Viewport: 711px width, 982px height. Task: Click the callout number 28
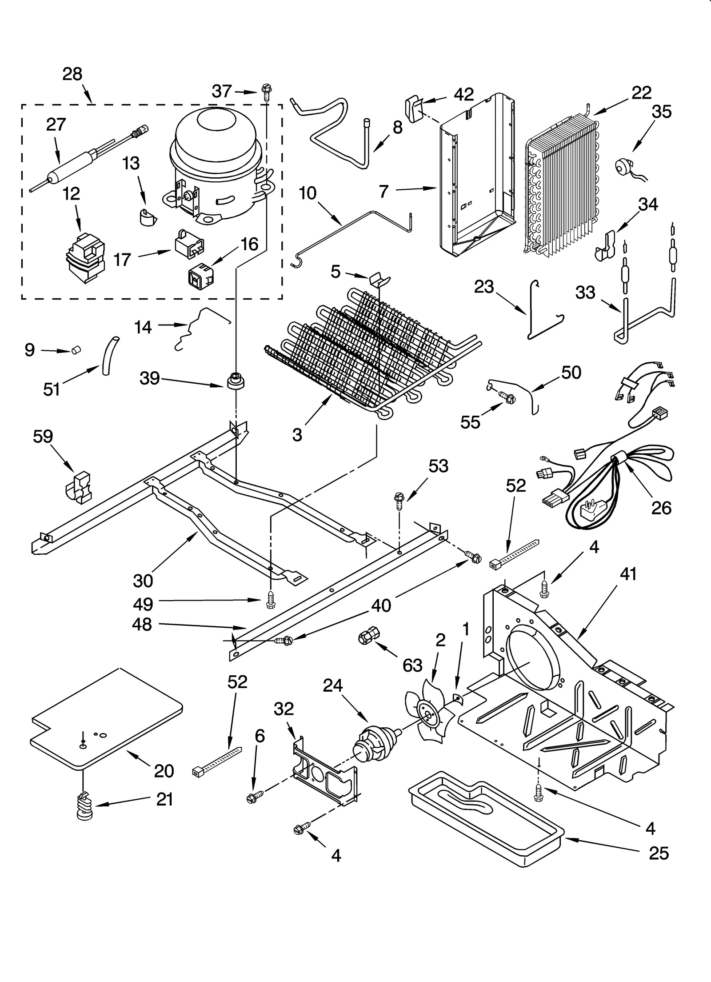(72, 74)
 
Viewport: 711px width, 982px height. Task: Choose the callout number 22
(641, 92)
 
